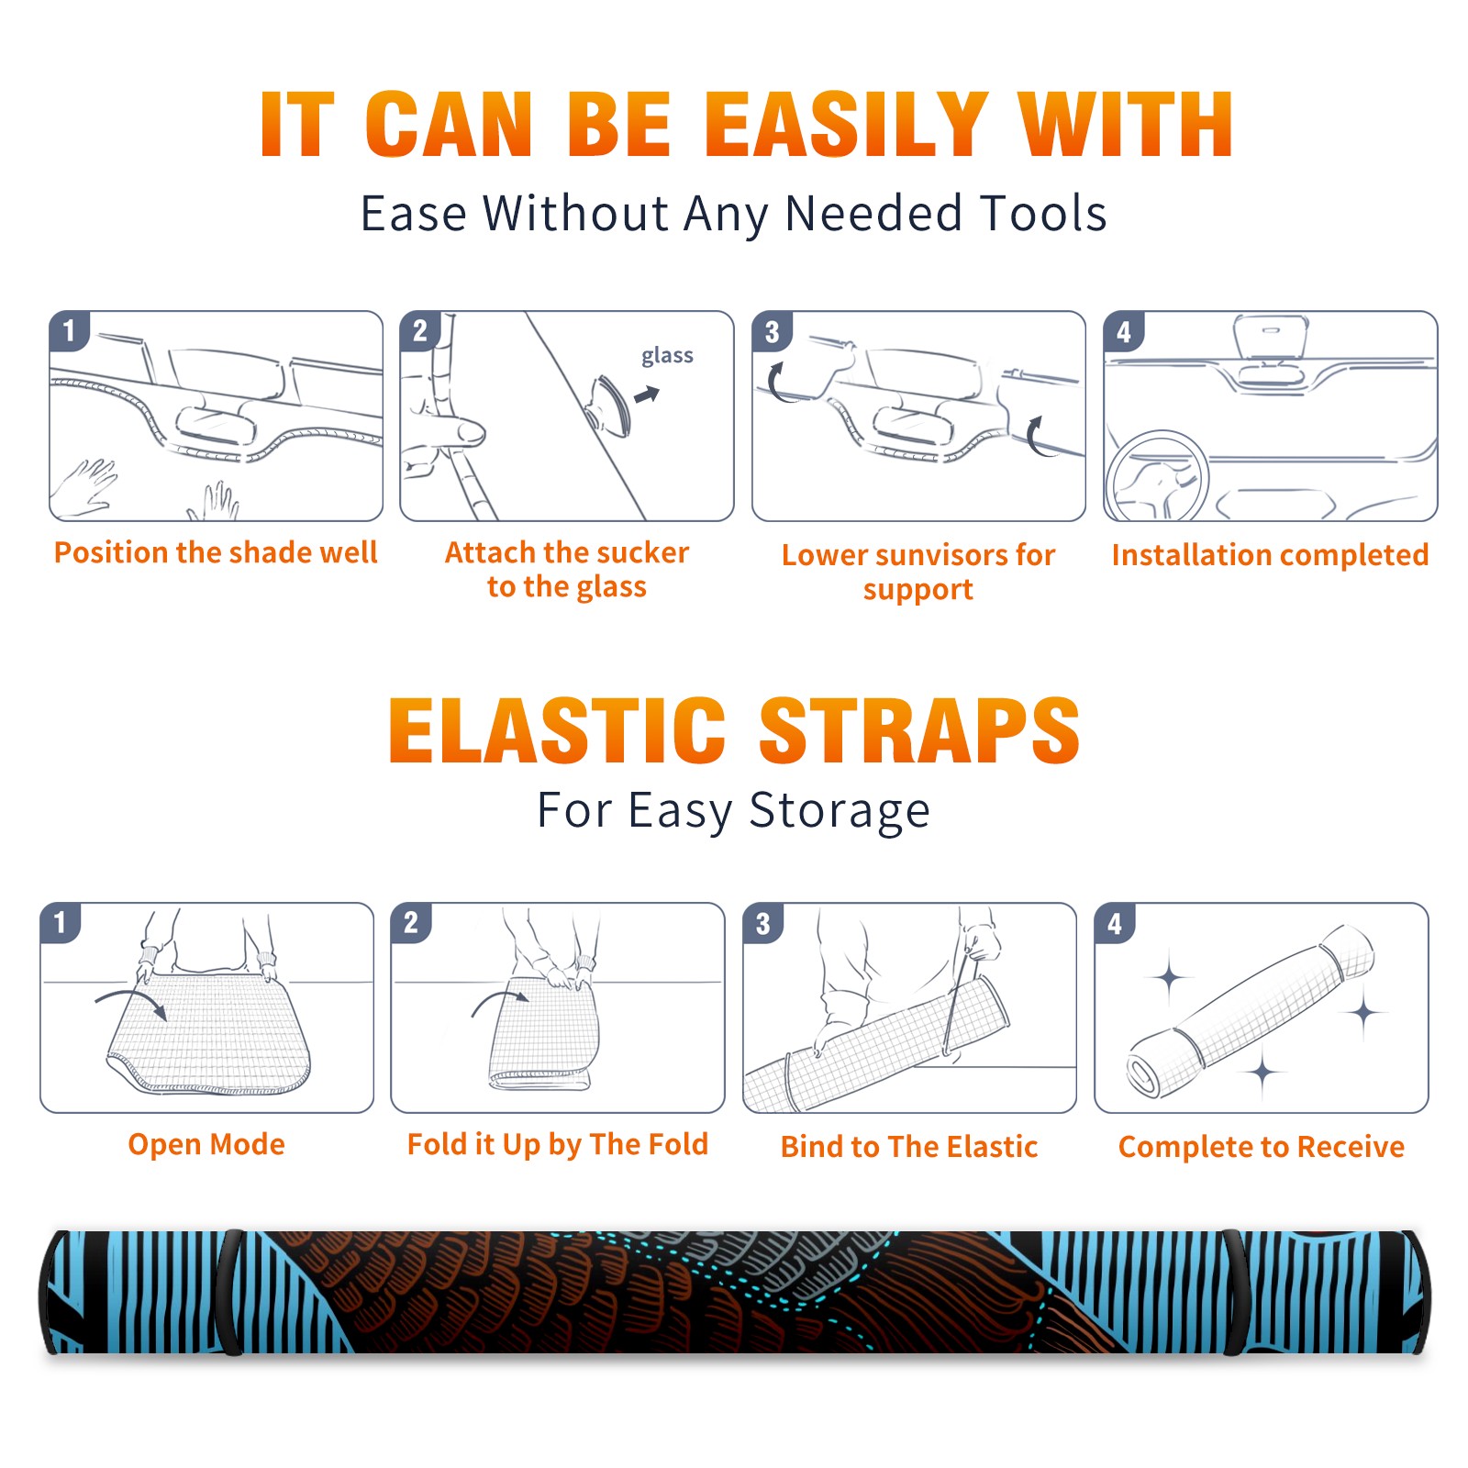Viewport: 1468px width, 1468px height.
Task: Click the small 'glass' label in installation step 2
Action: pyautogui.click(x=667, y=356)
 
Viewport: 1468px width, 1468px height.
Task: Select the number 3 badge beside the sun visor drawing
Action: pyautogui.click(x=773, y=331)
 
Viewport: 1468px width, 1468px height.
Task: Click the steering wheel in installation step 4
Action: pyautogui.click(x=1157, y=477)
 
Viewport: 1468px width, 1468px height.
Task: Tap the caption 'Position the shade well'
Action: pyautogui.click(x=216, y=552)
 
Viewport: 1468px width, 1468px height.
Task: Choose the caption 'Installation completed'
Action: pyautogui.click(x=1270, y=554)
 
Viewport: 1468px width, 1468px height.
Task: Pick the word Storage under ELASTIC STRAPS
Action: pyautogui.click(x=840, y=811)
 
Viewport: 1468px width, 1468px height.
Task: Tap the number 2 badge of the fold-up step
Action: pyautogui.click(x=411, y=923)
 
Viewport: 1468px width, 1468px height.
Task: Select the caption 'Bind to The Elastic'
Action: pyautogui.click(x=908, y=1146)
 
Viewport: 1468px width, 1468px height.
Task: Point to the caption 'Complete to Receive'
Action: pyautogui.click(x=1261, y=1146)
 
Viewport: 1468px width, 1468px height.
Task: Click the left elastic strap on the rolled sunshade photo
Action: pyautogui.click(x=229, y=1292)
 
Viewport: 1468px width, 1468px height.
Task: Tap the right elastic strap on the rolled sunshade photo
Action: pyautogui.click(x=1235, y=1292)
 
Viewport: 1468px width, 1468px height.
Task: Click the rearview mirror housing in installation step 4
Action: pyautogui.click(x=1271, y=337)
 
